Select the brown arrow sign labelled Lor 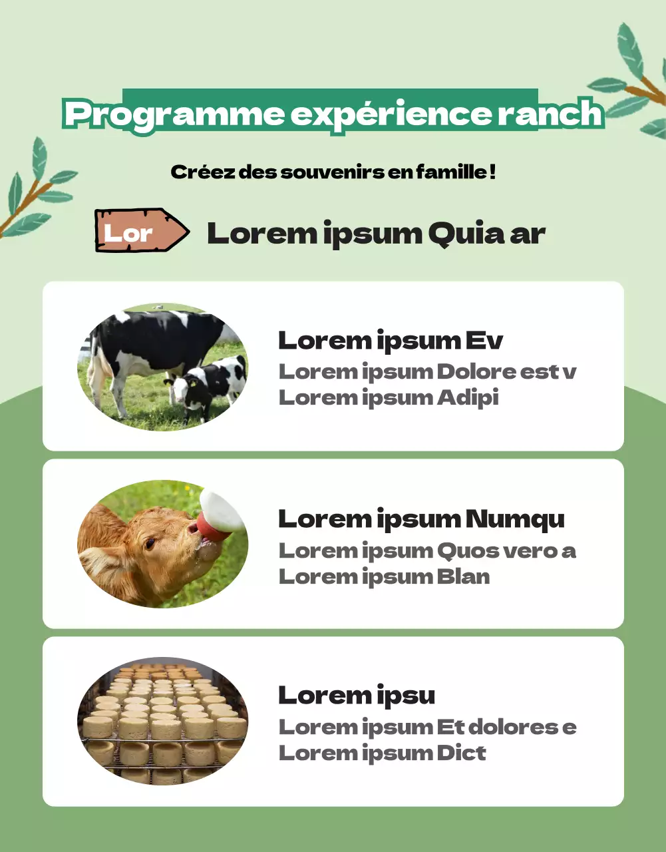point(141,232)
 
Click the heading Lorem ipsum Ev point(390,341)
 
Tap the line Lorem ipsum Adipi point(388,398)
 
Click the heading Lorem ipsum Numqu point(420,519)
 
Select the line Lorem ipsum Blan point(384,576)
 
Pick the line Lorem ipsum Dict point(382,753)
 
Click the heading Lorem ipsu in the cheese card point(356,696)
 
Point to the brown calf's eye point(150,543)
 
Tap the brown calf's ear point(100,562)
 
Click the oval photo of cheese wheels point(163,722)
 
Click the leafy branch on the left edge point(33,190)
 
